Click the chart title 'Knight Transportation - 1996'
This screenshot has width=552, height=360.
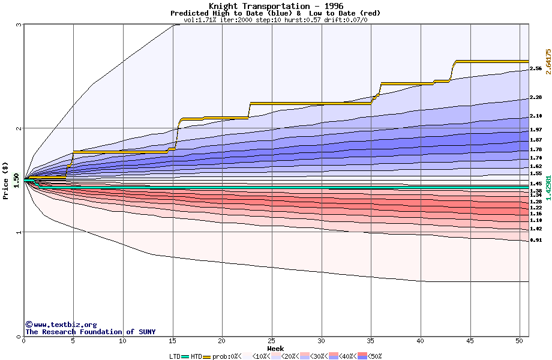click(x=275, y=6)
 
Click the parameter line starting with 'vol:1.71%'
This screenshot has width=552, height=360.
click(x=275, y=20)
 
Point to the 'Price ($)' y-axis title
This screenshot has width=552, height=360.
click(x=6, y=180)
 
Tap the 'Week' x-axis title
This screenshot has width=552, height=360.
click(x=275, y=348)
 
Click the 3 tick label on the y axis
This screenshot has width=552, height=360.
click(x=19, y=25)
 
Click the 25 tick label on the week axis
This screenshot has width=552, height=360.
click(x=272, y=341)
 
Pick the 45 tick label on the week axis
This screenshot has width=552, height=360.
click(x=470, y=341)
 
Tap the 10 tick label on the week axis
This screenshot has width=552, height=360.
click(x=122, y=341)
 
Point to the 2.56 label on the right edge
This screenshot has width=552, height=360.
click(x=536, y=69)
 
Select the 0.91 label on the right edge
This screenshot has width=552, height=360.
click(x=536, y=241)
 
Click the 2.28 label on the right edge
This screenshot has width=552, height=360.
click(x=536, y=97)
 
